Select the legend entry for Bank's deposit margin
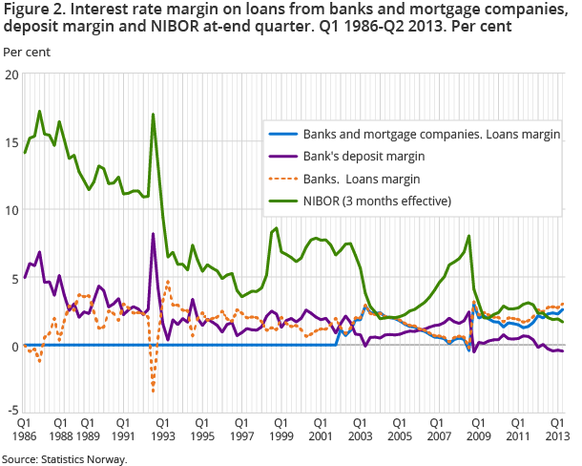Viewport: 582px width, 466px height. point(364,155)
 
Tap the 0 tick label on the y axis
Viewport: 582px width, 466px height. point(13,346)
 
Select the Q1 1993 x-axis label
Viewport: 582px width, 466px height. point(162,429)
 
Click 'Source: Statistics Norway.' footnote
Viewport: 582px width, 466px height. point(64,458)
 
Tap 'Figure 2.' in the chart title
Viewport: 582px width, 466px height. point(31,10)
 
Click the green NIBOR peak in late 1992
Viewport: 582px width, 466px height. point(153,115)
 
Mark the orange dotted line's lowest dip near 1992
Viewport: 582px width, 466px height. point(153,391)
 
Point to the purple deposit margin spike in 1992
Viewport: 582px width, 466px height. point(153,234)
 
